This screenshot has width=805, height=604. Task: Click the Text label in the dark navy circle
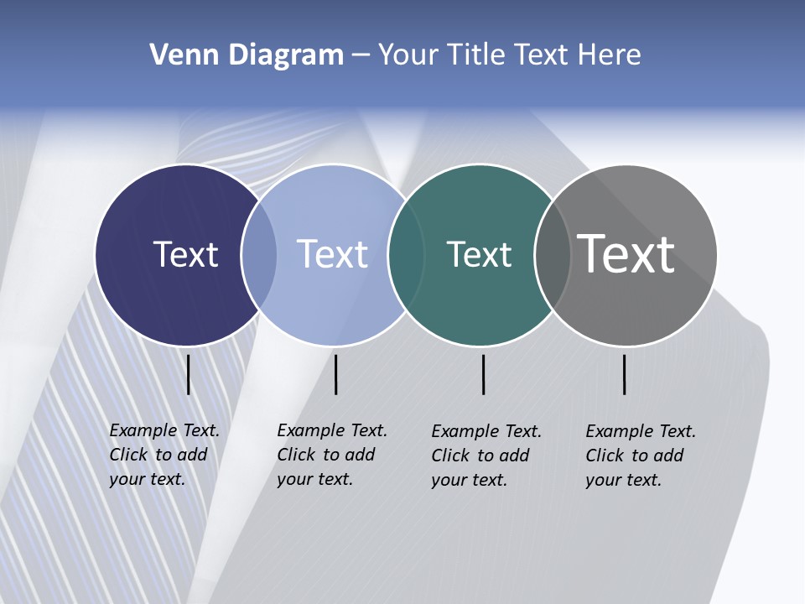click(185, 254)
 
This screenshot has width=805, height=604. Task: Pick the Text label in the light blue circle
click(332, 254)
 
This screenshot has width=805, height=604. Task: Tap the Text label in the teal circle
click(479, 254)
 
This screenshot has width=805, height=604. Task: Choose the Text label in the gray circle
click(626, 254)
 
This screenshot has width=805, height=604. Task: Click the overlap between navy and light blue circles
click(259, 255)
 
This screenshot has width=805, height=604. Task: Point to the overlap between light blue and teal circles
click(406, 255)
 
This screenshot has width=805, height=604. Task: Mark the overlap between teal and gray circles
click(553, 255)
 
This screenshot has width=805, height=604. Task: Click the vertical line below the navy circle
click(189, 374)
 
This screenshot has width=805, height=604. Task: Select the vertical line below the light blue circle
click(335, 374)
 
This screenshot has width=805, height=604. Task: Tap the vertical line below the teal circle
click(483, 374)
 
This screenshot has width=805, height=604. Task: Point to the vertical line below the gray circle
click(624, 374)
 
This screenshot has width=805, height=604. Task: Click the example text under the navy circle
click(164, 455)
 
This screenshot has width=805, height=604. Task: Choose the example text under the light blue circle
click(332, 455)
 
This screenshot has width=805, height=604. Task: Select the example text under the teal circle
click(486, 456)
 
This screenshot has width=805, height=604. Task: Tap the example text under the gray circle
click(641, 456)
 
